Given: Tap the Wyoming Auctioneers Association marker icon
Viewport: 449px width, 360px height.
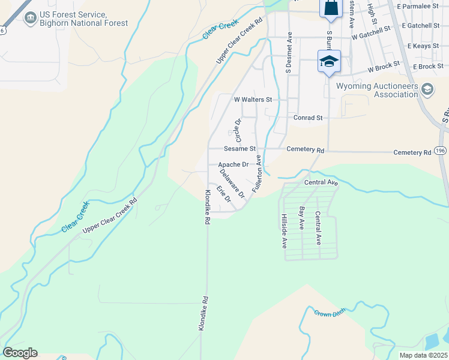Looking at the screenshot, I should click(427, 90).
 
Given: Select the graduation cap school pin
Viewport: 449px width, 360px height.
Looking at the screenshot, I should click(329, 61).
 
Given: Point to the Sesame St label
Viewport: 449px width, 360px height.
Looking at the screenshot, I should click(240, 148).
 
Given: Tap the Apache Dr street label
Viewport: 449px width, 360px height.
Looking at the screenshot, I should click(233, 164).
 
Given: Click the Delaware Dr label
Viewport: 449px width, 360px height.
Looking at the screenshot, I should click(232, 184).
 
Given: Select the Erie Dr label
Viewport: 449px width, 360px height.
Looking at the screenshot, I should click(224, 194).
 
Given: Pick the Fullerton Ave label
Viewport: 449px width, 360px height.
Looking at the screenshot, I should click(258, 173).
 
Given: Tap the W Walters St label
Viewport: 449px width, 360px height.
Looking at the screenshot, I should click(253, 99).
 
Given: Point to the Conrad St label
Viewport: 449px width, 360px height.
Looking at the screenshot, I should click(308, 118).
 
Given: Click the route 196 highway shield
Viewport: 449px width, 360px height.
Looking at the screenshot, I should click(441, 151).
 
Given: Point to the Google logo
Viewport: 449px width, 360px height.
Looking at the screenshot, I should click(20, 353).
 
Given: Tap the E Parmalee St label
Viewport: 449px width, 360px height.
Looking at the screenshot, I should click(424, 7).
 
